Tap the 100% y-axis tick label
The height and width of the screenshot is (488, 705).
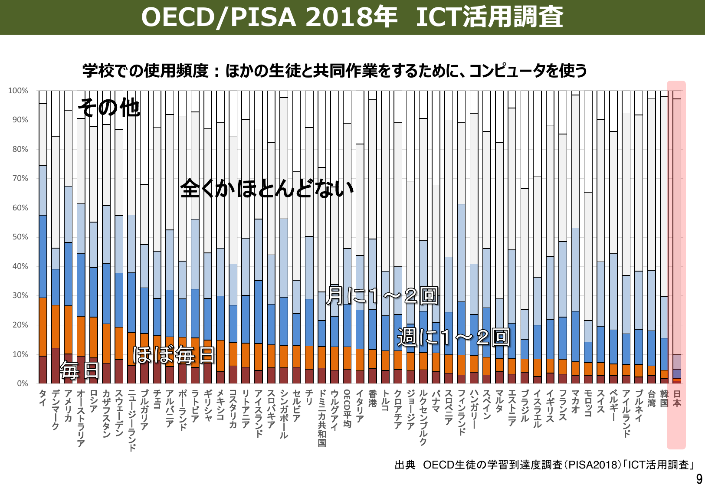(18, 91)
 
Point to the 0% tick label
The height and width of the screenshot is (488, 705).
(23, 383)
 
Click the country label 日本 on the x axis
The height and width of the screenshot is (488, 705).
(677, 398)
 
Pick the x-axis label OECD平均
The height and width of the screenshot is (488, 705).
(347, 408)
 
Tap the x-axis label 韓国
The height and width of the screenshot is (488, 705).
(664, 398)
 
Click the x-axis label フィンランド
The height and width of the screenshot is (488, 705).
(461, 412)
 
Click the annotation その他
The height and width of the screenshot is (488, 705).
(109, 108)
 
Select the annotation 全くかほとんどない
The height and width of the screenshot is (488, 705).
(266, 188)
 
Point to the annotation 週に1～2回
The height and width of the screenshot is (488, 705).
(453, 337)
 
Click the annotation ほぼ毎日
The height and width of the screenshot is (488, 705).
(174, 355)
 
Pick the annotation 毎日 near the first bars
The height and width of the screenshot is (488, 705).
(80, 370)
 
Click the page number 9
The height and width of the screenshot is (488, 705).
(699, 479)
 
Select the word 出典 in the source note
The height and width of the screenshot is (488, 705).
(404, 465)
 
